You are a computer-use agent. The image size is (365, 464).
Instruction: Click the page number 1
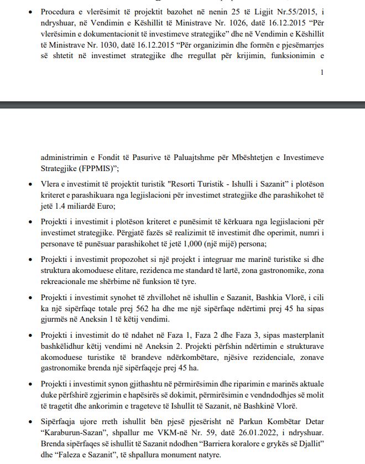click(x=322, y=72)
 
